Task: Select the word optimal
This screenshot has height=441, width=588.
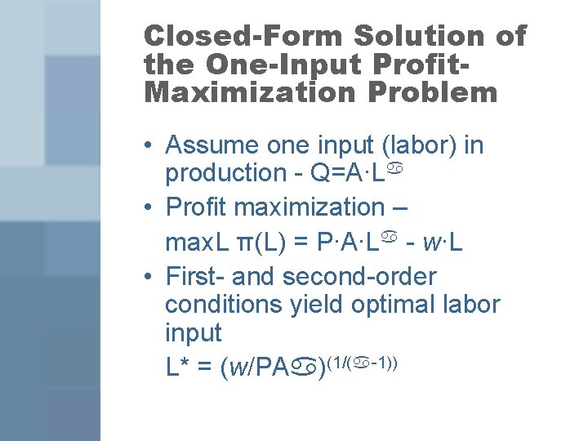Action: [399, 305]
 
